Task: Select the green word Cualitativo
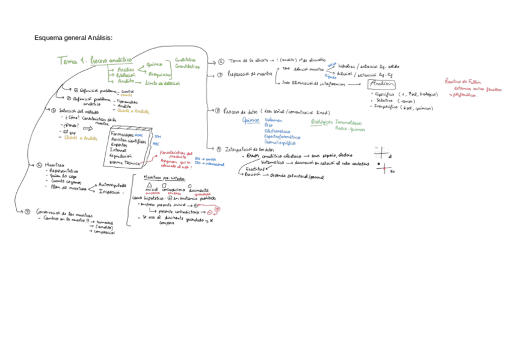[x=185, y=60]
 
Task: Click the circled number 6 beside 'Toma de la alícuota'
[x=221, y=61]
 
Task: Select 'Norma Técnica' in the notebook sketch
[x=123, y=162]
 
